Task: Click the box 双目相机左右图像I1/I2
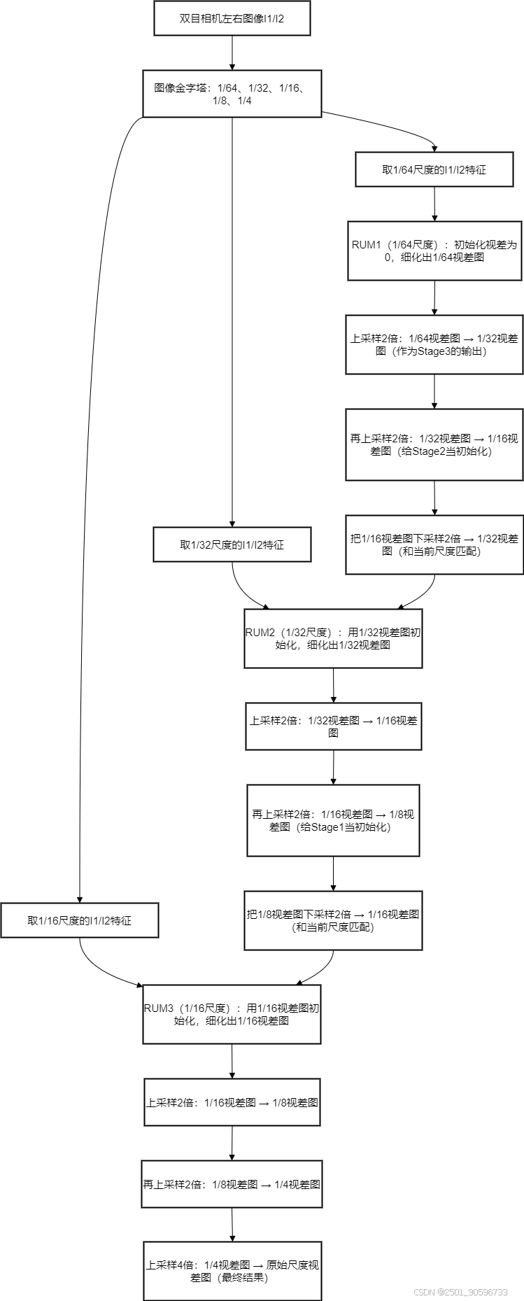(x=232, y=19)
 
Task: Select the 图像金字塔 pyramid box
(x=232, y=94)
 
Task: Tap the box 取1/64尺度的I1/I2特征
(x=434, y=170)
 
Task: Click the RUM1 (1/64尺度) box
(x=434, y=251)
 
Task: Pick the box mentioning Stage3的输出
(x=434, y=344)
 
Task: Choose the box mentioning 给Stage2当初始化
(x=434, y=445)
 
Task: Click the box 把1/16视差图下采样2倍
(x=434, y=544)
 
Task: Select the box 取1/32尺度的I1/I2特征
(x=232, y=544)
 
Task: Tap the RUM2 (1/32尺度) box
(x=333, y=638)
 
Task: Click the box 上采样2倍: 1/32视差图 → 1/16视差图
(x=333, y=726)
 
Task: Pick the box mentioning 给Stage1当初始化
(x=333, y=820)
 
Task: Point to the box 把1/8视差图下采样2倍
(x=333, y=920)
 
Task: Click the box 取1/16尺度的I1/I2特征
(x=79, y=920)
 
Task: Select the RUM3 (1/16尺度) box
(x=232, y=1014)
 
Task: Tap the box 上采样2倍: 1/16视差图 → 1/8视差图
(x=232, y=1102)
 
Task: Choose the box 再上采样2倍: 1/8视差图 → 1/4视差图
(x=232, y=1184)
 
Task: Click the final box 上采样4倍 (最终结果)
(x=232, y=1271)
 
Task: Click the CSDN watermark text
(x=460, y=1292)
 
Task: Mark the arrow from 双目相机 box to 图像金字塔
(x=232, y=52)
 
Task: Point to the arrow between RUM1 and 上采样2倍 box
(x=434, y=297)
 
